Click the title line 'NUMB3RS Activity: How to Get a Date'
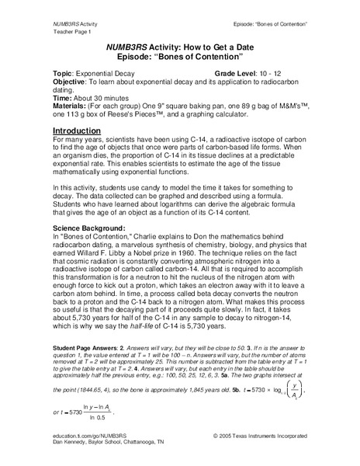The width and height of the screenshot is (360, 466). click(180, 47)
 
